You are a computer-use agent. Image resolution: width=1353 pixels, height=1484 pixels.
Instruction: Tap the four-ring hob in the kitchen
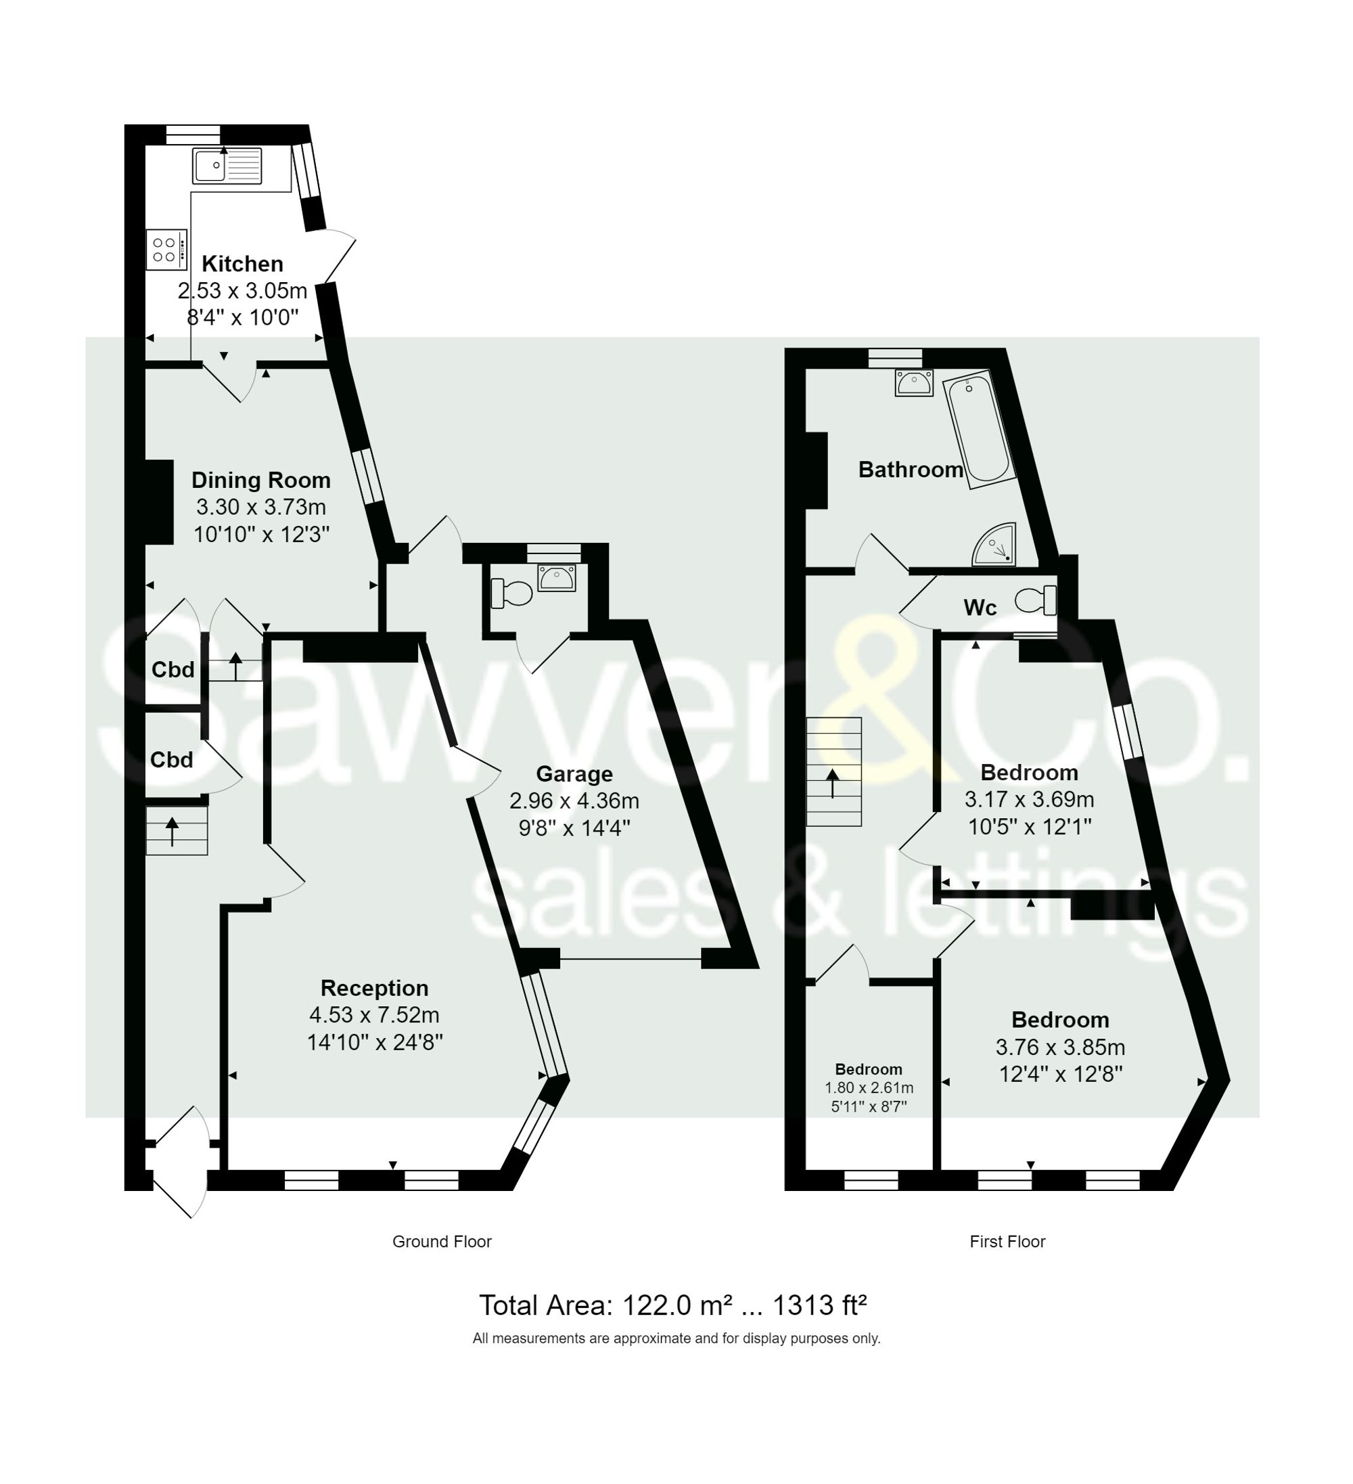(x=166, y=250)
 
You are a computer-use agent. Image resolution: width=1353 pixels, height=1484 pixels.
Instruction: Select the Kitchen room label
(x=242, y=263)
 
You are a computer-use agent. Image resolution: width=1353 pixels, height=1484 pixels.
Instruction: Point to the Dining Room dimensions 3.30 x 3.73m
(x=260, y=507)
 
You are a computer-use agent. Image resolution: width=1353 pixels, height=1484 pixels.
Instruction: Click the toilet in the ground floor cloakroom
(x=512, y=593)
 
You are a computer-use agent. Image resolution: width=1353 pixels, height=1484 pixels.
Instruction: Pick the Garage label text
(x=574, y=773)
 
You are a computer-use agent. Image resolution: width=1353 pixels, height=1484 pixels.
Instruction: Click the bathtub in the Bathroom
(x=978, y=429)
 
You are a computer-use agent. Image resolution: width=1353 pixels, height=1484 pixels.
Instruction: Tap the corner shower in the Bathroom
(x=996, y=546)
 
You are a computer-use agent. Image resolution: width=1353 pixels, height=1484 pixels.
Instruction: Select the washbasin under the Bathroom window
(x=914, y=383)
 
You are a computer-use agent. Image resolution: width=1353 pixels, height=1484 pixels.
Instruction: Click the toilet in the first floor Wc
(x=1036, y=600)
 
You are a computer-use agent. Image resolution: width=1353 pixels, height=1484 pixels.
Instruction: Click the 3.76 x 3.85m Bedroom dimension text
(x=1060, y=1047)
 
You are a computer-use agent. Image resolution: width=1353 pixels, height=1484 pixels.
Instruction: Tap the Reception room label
(x=375, y=988)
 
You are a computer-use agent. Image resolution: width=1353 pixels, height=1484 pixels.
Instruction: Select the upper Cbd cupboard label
(x=173, y=669)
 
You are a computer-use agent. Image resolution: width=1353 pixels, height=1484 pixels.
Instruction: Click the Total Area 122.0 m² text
(x=672, y=1305)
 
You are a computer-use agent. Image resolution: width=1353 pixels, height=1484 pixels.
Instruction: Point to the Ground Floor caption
(x=442, y=1242)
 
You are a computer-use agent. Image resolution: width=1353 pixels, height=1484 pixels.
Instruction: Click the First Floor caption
(x=1007, y=1242)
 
